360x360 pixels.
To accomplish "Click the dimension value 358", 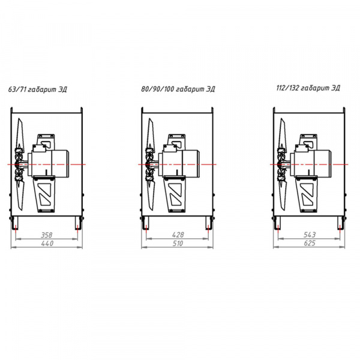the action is [x=47, y=235].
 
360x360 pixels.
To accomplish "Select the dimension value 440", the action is [x=47, y=243].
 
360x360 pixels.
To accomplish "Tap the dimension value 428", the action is [x=178, y=235].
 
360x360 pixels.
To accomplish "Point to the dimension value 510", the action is [x=178, y=243].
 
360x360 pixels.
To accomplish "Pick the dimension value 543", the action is [x=310, y=235].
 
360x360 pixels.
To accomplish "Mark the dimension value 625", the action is [x=310, y=243].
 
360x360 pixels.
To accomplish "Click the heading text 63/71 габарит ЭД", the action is [x=37, y=89].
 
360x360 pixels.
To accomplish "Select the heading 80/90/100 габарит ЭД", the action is [x=178, y=89].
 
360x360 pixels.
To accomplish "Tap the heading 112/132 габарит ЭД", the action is [x=308, y=88].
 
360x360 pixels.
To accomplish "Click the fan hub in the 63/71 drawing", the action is [x=19, y=164].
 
